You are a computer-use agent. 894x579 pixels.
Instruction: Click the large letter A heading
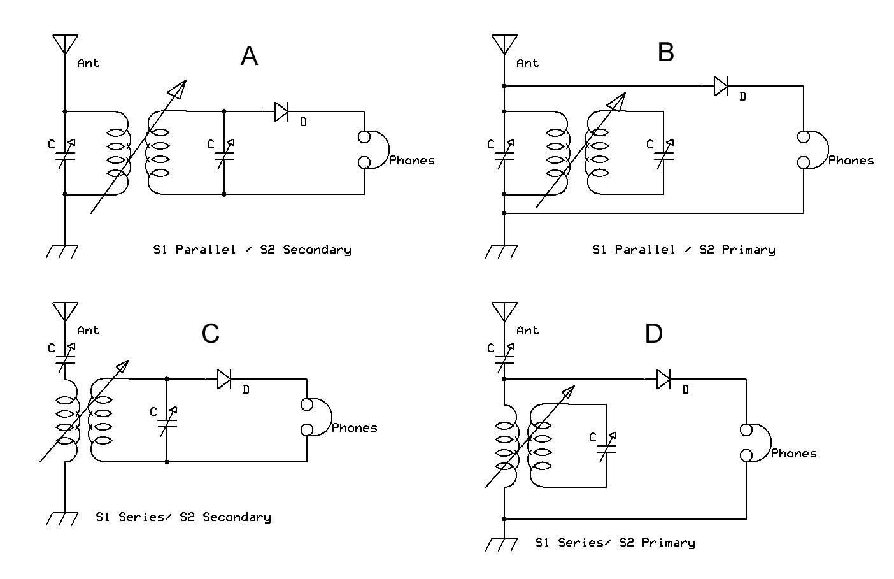(250, 56)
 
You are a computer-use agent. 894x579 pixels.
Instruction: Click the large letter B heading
(665, 52)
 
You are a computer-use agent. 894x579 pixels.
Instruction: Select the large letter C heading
(211, 333)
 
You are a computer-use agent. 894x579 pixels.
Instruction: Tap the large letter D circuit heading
(654, 333)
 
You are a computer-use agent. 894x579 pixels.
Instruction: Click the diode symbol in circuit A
(281, 111)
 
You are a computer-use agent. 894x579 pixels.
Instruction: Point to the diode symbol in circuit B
(721, 86)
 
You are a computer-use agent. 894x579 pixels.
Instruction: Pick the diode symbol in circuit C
(224, 379)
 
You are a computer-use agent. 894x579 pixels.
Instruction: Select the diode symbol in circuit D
(663, 379)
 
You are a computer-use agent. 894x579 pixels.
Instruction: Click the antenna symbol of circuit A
(65, 44)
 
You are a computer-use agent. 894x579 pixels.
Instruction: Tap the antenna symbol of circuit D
(504, 312)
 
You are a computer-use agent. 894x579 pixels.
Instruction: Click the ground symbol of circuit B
(501, 252)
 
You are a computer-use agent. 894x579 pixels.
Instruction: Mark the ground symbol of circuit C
(62, 519)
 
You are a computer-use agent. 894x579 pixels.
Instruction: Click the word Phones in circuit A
(412, 161)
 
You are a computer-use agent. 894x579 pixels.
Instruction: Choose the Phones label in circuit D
(794, 454)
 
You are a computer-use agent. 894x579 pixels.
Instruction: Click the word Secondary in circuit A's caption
(317, 250)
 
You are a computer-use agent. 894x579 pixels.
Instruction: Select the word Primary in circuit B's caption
(749, 250)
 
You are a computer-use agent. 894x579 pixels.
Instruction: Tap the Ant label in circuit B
(528, 63)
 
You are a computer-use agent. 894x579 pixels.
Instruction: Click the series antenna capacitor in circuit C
(66, 359)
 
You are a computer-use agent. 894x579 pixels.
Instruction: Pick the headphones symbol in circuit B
(812, 149)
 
